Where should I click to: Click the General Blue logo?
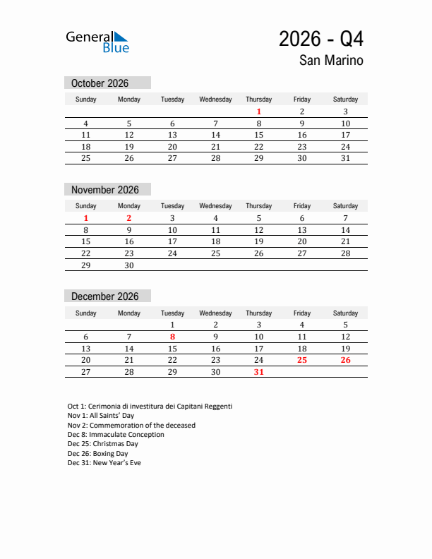click(x=97, y=42)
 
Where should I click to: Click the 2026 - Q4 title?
click(x=321, y=40)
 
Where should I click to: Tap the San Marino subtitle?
click(x=331, y=61)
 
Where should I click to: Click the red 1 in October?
click(x=259, y=112)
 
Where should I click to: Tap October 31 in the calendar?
click(x=345, y=158)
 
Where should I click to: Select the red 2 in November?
click(x=129, y=218)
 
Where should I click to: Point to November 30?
click(x=129, y=265)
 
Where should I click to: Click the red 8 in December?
click(x=172, y=337)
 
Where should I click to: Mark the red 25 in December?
click(x=302, y=360)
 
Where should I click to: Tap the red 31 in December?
click(x=259, y=372)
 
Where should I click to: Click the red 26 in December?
click(x=345, y=360)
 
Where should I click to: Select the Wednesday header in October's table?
click(x=215, y=100)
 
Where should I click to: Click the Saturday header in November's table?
click(x=345, y=206)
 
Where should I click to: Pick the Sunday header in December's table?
click(x=86, y=313)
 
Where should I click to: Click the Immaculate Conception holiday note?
click(x=116, y=435)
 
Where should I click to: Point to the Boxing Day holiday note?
click(x=98, y=454)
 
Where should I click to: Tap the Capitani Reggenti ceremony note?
click(x=150, y=407)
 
